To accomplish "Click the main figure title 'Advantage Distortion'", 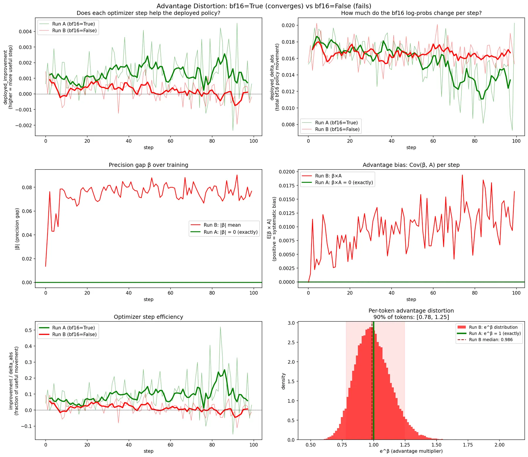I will pyautogui.click(x=264, y=6).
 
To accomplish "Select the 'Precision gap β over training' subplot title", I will pyautogui.click(x=148, y=165).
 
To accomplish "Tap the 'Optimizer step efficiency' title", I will pyautogui.click(x=148, y=317).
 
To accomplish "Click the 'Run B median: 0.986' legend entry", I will pyautogui.click(x=491, y=340).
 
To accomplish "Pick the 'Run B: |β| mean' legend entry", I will pyautogui.click(x=222, y=225).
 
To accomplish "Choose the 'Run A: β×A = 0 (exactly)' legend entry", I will pyautogui.click(x=344, y=182).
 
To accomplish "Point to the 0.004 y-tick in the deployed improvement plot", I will pyautogui.click(x=25, y=32).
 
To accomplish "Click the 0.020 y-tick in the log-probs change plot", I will pyautogui.click(x=288, y=25).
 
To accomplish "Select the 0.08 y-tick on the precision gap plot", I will pyautogui.click(x=27, y=187).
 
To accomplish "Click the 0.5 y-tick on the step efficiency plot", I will pyautogui.click(x=28, y=330).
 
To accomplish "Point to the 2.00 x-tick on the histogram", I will pyautogui.click(x=499, y=445).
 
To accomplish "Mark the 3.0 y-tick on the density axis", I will pyautogui.click(x=291, y=323).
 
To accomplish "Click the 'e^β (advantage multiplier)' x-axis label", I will pyautogui.click(x=411, y=451).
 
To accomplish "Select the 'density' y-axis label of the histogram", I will pyautogui.click(x=283, y=381).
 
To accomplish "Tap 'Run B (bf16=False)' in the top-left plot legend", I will pyautogui.click(x=74, y=31).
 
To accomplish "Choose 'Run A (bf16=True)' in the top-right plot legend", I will pyautogui.click(x=336, y=123).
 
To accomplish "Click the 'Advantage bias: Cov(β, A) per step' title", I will pyautogui.click(x=411, y=165).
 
